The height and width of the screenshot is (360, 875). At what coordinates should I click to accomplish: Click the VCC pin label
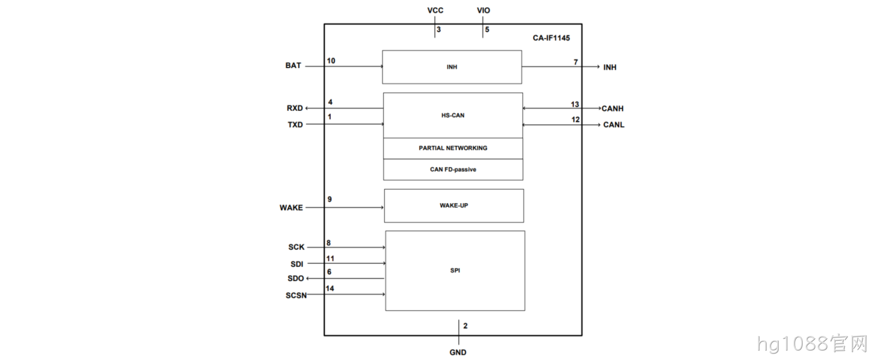point(435,10)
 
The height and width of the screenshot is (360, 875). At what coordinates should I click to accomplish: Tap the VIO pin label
point(483,10)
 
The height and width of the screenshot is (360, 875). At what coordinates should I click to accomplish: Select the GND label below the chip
point(458,352)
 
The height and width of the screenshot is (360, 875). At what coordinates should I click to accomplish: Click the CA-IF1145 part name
point(551,38)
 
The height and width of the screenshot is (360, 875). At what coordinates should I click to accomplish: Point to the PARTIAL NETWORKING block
point(453,148)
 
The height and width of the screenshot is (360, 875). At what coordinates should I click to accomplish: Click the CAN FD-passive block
point(453,170)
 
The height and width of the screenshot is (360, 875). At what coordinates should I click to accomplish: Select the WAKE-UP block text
point(454,206)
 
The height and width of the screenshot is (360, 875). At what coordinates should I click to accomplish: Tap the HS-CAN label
point(453,115)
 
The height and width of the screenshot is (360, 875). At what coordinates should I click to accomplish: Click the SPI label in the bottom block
point(455,270)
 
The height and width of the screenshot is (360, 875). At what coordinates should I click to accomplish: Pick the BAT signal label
point(293,66)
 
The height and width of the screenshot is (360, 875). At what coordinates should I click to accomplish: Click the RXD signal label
point(295,108)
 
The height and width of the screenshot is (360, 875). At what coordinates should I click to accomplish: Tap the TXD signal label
point(295,125)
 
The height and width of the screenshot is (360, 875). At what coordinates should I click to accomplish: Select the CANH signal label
point(612,109)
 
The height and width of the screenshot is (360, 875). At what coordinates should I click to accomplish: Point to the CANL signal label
point(614,125)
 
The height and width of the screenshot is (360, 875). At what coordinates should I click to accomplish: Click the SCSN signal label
point(296,295)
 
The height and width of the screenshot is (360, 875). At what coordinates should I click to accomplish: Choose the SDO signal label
point(296,278)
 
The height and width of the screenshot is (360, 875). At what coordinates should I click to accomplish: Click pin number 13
point(575,104)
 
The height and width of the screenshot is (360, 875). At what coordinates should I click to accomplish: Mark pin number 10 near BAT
point(331,61)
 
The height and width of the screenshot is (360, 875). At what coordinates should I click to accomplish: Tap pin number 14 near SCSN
point(330,288)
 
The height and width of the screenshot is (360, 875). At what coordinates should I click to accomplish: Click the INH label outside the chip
point(610,67)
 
